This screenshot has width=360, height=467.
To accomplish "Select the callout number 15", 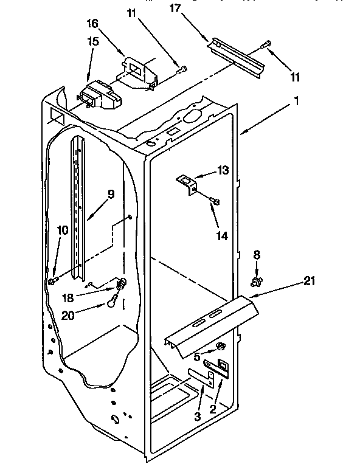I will tap(92, 43).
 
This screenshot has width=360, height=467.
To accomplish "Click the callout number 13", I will tap(206, 171).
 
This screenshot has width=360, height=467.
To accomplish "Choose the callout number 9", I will tap(111, 195).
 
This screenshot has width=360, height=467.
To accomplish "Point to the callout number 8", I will tap(257, 256).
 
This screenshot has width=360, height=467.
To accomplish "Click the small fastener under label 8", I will tap(257, 280).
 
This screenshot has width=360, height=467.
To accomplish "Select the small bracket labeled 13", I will tap(185, 182).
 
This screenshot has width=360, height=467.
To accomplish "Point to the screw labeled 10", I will tap(53, 280).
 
